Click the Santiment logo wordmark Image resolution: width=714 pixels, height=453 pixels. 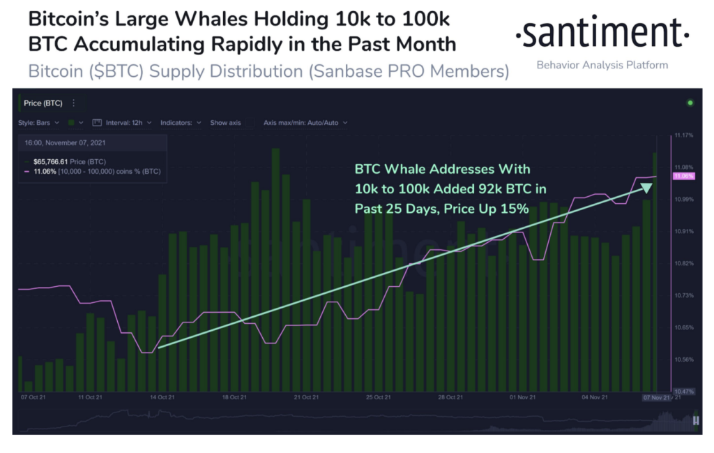click(x=602, y=34)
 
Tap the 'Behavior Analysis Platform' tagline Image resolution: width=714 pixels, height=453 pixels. click(x=602, y=65)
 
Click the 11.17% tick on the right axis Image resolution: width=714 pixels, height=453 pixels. click(x=684, y=135)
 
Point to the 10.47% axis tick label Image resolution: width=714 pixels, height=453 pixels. click(x=684, y=392)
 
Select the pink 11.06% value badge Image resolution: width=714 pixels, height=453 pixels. click(x=683, y=177)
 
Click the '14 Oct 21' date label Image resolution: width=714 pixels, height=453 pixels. click(x=161, y=397)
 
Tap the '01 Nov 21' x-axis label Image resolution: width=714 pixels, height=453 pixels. click(x=522, y=397)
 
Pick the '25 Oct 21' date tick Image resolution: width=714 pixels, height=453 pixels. click(x=377, y=397)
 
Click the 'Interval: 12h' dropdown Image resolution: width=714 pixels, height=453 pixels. click(x=122, y=123)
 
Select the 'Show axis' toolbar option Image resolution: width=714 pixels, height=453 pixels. click(x=225, y=123)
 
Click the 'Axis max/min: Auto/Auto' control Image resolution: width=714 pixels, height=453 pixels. click(x=305, y=123)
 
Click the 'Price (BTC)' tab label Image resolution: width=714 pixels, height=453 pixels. click(x=43, y=103)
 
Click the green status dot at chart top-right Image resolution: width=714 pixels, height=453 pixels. click(x=690, y=103)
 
